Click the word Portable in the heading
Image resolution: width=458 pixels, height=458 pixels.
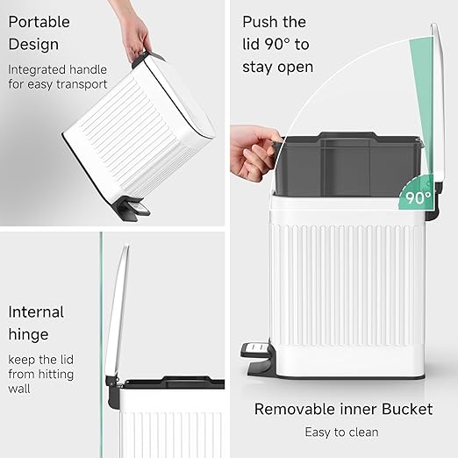click(40, 21)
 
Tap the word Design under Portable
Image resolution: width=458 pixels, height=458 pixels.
click(33, 44)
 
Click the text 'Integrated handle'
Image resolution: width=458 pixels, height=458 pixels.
click(58, 68)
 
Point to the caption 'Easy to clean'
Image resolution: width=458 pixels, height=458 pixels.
click(341, 432)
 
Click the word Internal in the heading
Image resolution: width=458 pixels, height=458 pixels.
click(36, 311)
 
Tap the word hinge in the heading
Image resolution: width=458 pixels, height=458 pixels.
click(29, 334)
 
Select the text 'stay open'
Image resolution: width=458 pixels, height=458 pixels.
click(278, 67)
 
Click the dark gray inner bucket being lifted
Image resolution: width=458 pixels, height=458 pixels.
click(347, 162)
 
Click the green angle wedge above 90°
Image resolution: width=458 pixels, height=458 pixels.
click(424, 132)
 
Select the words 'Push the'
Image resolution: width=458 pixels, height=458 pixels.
click(275, 21)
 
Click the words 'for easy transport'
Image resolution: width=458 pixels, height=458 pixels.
click(58, 84)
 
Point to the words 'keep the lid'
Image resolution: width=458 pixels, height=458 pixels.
click(42, 359)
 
